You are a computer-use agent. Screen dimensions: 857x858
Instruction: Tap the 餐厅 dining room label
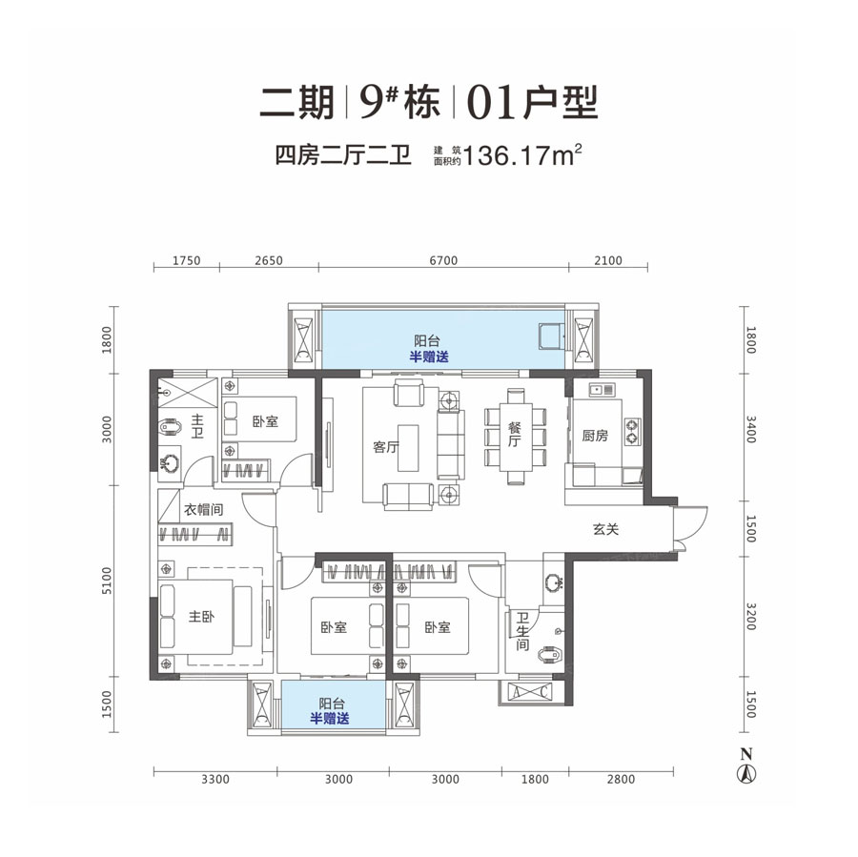[x=513, y=435]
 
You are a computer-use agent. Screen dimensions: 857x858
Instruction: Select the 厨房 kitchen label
[x=595, y=436]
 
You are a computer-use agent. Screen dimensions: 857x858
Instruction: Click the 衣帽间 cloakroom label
[x=204, y=510]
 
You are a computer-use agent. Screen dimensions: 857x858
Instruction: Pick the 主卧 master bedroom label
[x=201, y=617]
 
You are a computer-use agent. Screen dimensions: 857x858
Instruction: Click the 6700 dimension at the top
[x=444, y=260]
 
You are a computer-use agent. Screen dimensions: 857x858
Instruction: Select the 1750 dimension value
[x=186, y=260]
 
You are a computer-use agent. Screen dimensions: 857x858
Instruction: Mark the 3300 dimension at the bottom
[x=216, y=779]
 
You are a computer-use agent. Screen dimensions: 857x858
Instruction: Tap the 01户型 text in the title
[x=533, y=101]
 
